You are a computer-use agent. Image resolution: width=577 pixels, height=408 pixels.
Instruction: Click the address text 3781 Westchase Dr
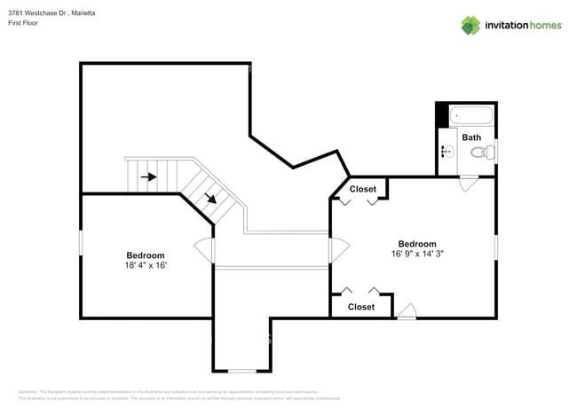[36, 12]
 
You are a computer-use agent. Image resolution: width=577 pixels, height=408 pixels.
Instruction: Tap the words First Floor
[24, 24]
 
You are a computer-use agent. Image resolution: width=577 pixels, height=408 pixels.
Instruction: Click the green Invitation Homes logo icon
[470, 25]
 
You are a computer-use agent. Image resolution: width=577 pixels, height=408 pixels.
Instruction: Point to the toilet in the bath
[481, 153]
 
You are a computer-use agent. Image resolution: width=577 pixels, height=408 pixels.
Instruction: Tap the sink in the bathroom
[447, 152]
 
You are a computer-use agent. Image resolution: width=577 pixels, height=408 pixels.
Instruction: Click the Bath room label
[470, 137]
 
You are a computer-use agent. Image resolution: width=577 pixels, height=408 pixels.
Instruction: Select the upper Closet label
[362, 189]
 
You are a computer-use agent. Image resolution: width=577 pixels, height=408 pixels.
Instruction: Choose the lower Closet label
[360, 307]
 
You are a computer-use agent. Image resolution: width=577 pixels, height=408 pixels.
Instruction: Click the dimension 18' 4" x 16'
[146, 265]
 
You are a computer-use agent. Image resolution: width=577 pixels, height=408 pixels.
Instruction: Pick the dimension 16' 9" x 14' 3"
[416, 254]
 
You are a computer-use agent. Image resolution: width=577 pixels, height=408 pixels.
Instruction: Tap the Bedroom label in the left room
[145, 255]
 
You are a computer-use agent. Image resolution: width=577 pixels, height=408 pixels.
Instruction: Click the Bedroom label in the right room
[416, 244]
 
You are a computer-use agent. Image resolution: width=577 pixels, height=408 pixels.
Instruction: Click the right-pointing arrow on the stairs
[149, 177]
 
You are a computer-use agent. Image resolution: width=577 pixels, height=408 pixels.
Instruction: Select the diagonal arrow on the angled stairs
[210, 197]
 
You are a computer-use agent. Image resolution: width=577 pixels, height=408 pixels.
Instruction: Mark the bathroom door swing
[468, 184]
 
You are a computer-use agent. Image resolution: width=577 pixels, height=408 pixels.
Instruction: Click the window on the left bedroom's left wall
[82, 242]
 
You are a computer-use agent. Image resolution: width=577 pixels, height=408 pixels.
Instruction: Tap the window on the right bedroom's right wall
[495, 246]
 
